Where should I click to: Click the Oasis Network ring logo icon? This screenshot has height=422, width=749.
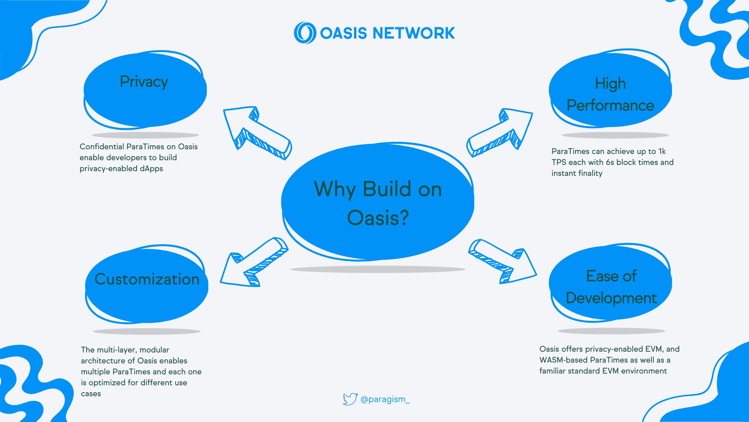click(305, 33)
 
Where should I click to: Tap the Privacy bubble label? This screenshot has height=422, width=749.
click(144, 82)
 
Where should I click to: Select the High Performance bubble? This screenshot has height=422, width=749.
click(610, 89)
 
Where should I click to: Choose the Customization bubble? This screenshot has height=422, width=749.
click(147, 284)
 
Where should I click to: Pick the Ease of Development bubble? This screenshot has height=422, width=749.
click(610, 283)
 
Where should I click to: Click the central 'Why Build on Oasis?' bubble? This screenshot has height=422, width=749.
click(378, 202)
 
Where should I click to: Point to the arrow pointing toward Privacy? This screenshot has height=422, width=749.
click(257, 133)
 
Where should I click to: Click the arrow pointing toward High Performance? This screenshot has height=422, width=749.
click(500, 133)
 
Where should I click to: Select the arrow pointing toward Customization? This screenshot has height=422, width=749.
click(254, 262)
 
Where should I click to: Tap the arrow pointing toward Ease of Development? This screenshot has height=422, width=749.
click(502, 261)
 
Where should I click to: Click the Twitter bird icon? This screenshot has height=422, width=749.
click(350, 399)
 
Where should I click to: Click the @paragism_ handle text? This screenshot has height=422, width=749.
click(385, 399)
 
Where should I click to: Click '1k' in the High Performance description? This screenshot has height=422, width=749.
click(662, 151)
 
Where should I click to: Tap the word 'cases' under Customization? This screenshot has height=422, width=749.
click(91, 394)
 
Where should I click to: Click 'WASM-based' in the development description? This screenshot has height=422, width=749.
click(564, 360)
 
